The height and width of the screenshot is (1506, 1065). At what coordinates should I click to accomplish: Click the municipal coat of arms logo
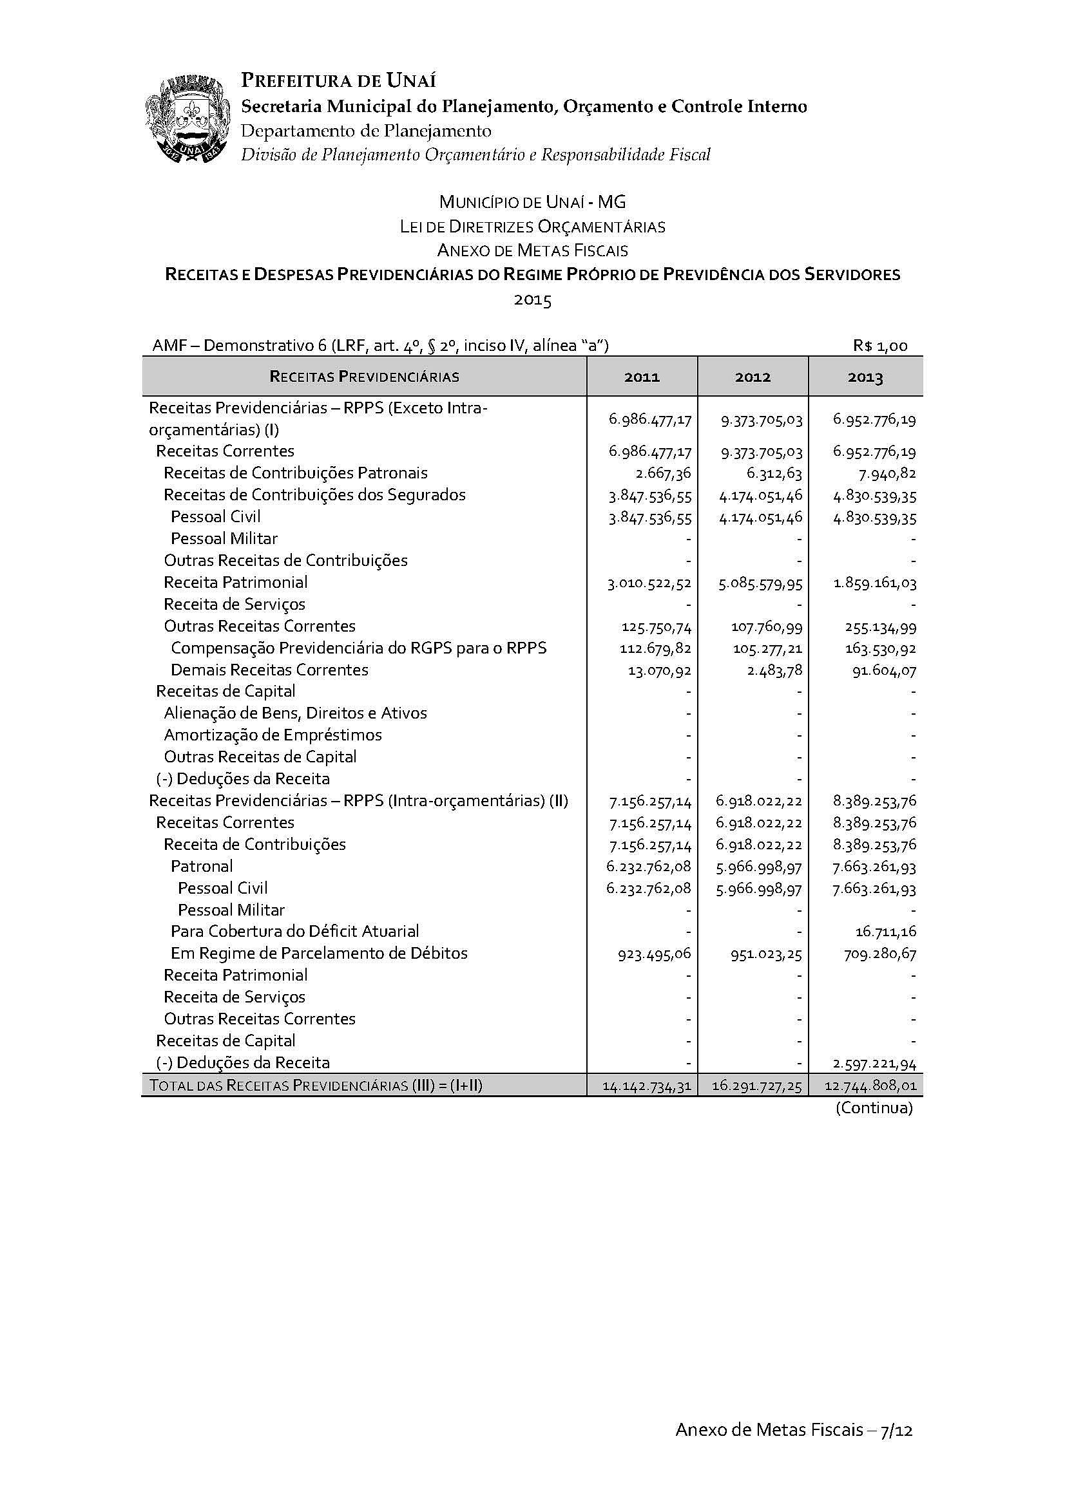pyautogui.click(x=187, y=120)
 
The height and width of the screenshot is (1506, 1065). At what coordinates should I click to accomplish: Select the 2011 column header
pyautogui.click(x=642, y=377)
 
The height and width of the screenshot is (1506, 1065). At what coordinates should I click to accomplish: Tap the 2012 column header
pyautogui.click(x=753, y=377)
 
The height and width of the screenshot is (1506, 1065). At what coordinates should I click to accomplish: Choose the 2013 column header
pyautogui.click(x=865, y=377)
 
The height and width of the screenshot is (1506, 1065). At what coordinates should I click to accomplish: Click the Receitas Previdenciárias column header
pyautogui.click(x=364, y=377)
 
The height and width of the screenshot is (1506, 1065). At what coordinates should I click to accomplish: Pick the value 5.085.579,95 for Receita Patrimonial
pyautogui.click(x=760, y=583)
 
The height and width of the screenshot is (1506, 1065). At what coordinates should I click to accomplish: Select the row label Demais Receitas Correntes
pyautogui.click(x=269, y=670)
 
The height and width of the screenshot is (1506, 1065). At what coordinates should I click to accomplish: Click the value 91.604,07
pyautogui.click(x=883, y=671)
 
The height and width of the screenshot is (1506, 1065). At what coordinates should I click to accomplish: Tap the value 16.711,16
pyautogui.click(x=885, y=932)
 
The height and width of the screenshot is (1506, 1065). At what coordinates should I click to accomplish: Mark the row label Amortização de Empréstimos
pyautogui.click(x=273, y=735)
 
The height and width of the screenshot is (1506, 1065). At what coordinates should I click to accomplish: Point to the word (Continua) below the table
pyautogui.click(x=874, y=1108)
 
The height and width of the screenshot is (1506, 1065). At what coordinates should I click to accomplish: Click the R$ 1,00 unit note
pyautogui.click(x=880, y=346)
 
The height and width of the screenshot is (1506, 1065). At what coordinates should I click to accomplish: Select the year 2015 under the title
pyautogui.click(x=532, y=300)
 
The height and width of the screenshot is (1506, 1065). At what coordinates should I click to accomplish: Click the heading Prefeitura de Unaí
pyautogui.click(x=339, y=80)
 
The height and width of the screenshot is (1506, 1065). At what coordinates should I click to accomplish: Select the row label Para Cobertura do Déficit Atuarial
pyautogui.click(x=294, y=931)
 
